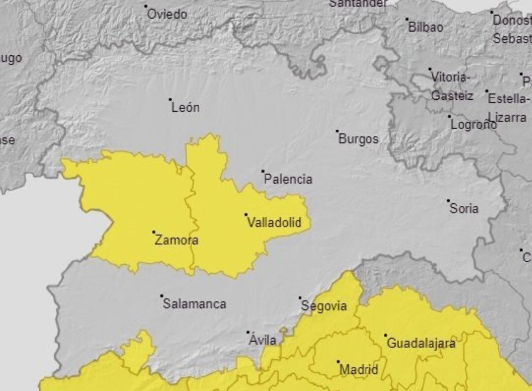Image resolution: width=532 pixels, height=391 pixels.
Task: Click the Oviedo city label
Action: pos(167,14)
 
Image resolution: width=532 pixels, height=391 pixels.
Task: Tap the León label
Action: pos(185,107)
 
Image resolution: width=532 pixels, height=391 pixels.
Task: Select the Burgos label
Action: pos(358,139)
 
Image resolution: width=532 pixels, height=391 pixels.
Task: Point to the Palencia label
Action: pos(288,179)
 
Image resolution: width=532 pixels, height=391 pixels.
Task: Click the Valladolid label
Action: pos(274,223)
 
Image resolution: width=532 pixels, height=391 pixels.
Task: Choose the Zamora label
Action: pos(176,240)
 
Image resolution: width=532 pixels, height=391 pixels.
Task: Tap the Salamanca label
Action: pos(194,304)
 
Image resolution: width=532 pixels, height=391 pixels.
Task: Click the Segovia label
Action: pos(324,306)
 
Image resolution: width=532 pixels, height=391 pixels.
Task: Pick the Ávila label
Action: pos(262,340)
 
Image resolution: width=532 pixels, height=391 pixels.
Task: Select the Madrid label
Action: pos(359,369)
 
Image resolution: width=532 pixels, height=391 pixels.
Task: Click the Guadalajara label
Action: pos(421,343)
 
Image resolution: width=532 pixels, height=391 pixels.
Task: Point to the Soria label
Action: pos(464,209)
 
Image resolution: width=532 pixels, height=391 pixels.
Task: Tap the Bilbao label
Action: pos(426,27)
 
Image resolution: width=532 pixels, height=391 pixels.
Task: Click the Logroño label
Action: pos(473,125)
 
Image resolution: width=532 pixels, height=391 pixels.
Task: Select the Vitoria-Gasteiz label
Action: pos(452,86)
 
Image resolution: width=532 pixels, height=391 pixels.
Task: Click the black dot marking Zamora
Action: pos(154,232)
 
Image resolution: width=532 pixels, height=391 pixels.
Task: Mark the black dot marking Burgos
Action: pos(337,131)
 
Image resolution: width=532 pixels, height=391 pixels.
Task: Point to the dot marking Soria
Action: pos(448,201)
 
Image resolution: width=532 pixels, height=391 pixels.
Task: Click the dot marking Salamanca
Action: pos(161,296)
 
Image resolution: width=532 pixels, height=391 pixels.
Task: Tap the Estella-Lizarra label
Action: pos(507,108)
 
